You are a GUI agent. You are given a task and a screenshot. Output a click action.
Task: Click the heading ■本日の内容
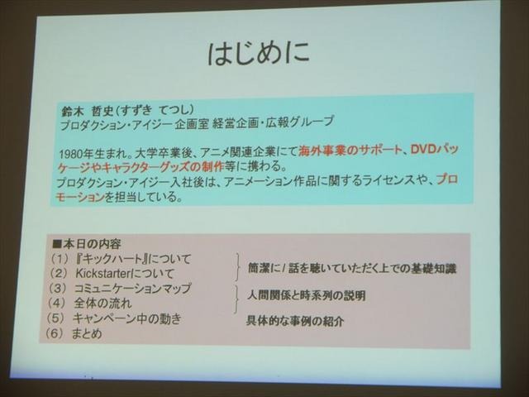click(87, 245)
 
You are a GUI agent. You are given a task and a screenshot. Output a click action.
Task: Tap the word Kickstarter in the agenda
click(98, 273)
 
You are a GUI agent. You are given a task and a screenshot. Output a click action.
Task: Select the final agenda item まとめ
click(87, 333)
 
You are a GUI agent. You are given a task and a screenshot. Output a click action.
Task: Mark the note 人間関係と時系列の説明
click(306, 295)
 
